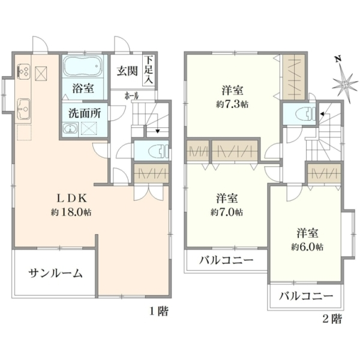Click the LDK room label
72,199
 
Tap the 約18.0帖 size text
71,212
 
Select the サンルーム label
56,274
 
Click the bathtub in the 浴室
83,67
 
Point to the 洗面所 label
85,113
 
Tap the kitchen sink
24,110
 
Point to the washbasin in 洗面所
70,129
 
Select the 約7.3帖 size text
232,104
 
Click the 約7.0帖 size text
226,212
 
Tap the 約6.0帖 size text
307,247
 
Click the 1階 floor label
159,311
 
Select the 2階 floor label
332,319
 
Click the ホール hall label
131,96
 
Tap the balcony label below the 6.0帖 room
306,296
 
